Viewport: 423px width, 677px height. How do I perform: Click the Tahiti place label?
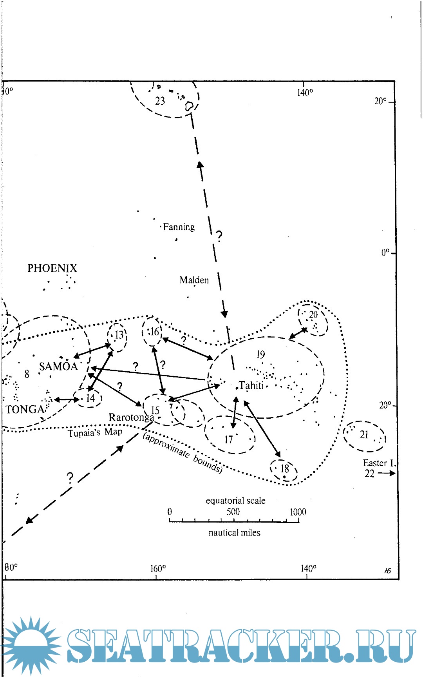[x=251, y=385]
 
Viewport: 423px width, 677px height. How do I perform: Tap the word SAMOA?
[x=58, y=367]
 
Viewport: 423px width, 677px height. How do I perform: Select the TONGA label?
[x=25, y=410]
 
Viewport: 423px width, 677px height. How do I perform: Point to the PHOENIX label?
[x=52, y=268]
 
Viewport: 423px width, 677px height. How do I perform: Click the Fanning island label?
[x=179, y=227]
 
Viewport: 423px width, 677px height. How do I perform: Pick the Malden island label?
[x=194, y=280]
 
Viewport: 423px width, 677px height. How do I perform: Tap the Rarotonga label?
[x=131, y=417]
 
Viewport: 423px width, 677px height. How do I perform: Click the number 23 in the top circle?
[x=160, y=101]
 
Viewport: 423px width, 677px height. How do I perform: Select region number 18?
[x=285, y=468]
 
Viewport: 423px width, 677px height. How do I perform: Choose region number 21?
[x=364, y=434]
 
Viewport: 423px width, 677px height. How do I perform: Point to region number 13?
[x=119, y=335]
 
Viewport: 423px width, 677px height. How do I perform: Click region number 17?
[x=229, y=439]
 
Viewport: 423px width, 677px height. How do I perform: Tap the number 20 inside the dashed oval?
[x=313, y=314]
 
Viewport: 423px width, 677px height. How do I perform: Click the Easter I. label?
[x=380, y=463]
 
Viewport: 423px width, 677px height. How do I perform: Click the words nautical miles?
[x=234, y=533]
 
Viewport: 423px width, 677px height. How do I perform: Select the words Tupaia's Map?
[x=95, y=432]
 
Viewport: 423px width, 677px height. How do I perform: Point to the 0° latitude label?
[x=386, y=252]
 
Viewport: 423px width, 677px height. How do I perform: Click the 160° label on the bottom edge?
[x=158, y=568]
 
